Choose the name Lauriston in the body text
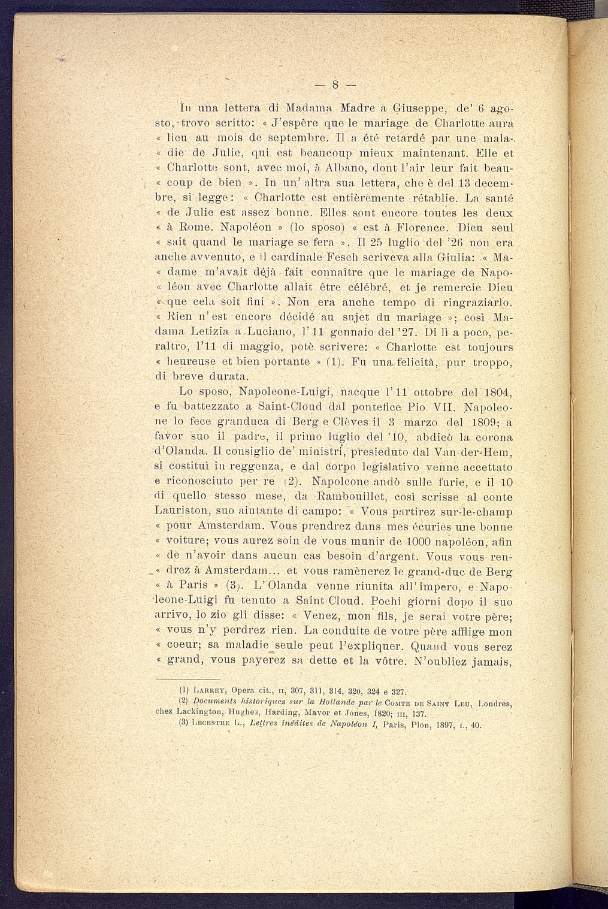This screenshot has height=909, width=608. tap(182, 512)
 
